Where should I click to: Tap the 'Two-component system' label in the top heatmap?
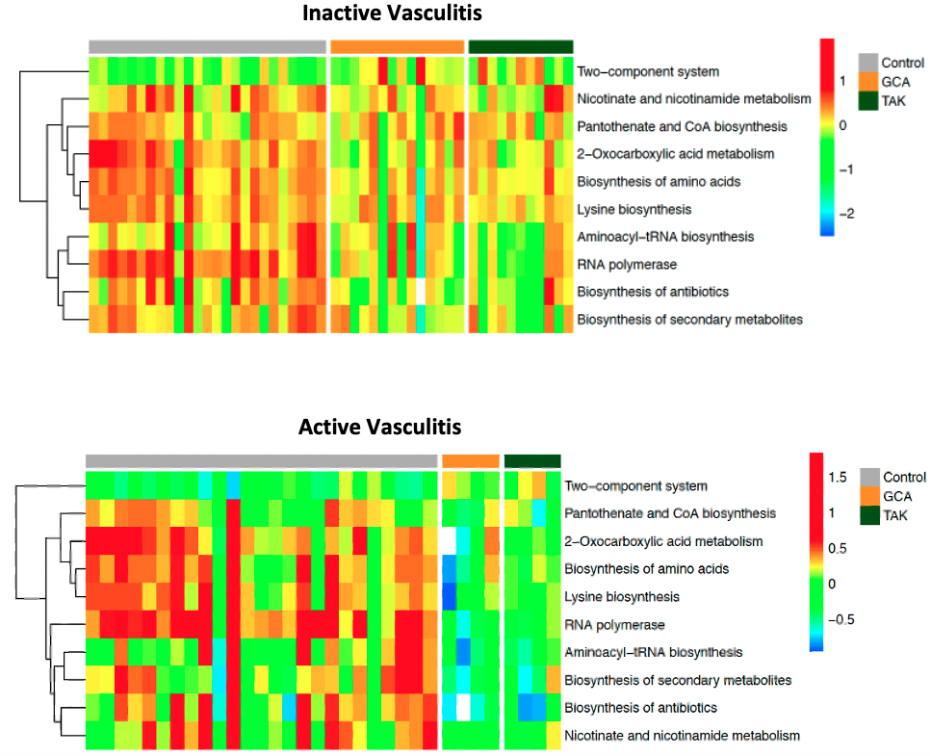click(648, 72)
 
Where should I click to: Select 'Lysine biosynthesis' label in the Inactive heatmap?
click(634, 209)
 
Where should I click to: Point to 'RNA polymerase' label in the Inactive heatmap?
click(627, 264)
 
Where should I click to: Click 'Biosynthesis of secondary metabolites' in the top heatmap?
click(689, 319)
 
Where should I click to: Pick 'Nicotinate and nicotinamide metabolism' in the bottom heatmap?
click(683, 736)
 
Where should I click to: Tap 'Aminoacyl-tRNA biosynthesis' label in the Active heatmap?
click(654, 652)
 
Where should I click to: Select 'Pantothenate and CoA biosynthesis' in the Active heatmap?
click(670, 513)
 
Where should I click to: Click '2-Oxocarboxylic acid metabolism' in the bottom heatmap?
click(664, 541)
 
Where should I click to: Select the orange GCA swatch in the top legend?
click(868, 81)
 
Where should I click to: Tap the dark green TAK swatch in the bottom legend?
click(870, 515)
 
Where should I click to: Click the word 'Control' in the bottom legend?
click(904, 477)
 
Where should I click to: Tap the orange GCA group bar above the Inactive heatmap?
click(397, 46)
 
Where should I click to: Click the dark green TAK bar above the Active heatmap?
click(532, 461)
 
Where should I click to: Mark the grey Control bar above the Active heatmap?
click(261, 461)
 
